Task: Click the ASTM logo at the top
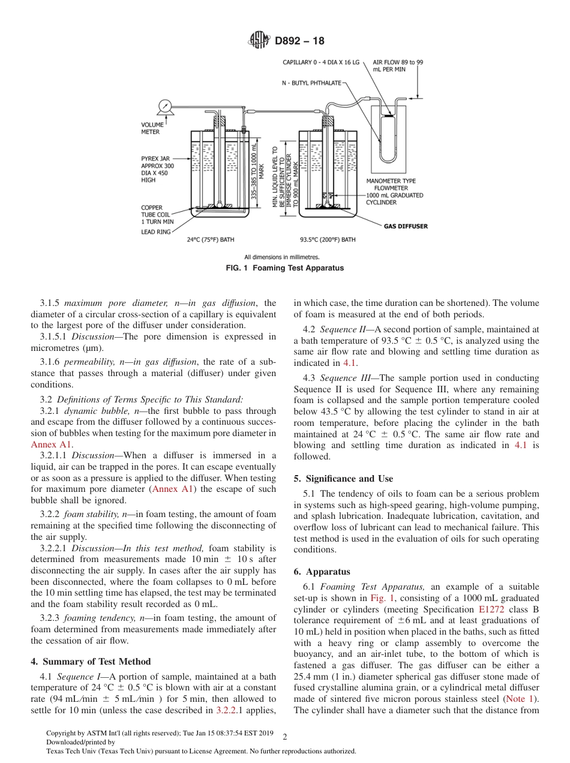coord(259,41)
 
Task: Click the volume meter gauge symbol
coord(164,107)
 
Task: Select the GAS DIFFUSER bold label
coord(406,226)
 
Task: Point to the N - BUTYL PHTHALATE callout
coord(311,83)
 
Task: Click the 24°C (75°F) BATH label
coord(211,240)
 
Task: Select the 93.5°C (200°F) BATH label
coord(328,240)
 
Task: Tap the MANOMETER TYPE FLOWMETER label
coord(391,184)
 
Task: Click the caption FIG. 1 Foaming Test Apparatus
coord(284,268)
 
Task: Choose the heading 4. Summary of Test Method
coord(91,662)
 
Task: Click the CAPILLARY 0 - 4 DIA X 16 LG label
coord(321,62)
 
